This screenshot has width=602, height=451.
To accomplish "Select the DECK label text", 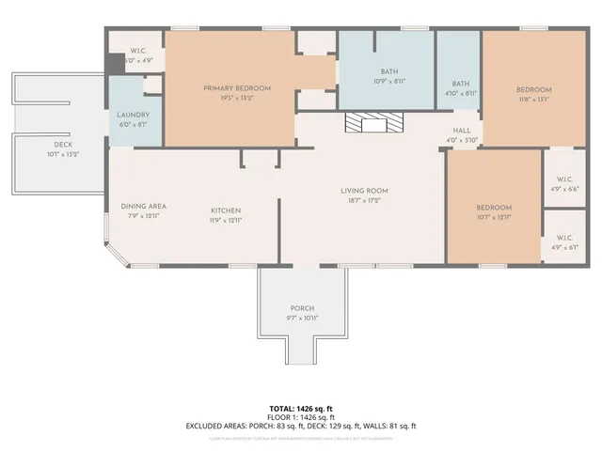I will tap(63, 145).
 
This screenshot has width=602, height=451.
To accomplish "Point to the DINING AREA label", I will tap(143, 207).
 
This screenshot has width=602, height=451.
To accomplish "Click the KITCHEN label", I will tap(226, 210).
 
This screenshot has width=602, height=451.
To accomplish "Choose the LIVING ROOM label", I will tap(364, 191).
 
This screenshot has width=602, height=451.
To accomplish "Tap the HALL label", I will tap(461, 132).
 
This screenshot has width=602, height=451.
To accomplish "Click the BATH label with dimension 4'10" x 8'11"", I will tap(460, 83).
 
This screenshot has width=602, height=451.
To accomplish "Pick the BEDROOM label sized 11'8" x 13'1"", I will tap(532, 90).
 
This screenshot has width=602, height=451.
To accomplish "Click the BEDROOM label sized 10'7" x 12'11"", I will tap(494, 208).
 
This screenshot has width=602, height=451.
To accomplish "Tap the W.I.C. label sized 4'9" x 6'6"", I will tap(564, 179).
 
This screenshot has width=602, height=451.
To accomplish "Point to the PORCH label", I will tap(302, 309).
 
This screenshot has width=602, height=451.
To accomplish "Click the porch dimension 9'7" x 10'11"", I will tap(302, 319).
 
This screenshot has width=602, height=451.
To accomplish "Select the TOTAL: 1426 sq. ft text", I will tap(301, 409).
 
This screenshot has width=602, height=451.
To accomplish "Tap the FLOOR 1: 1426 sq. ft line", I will tap(301, 417).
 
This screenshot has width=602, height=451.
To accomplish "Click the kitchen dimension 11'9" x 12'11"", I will tap(226, 219).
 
